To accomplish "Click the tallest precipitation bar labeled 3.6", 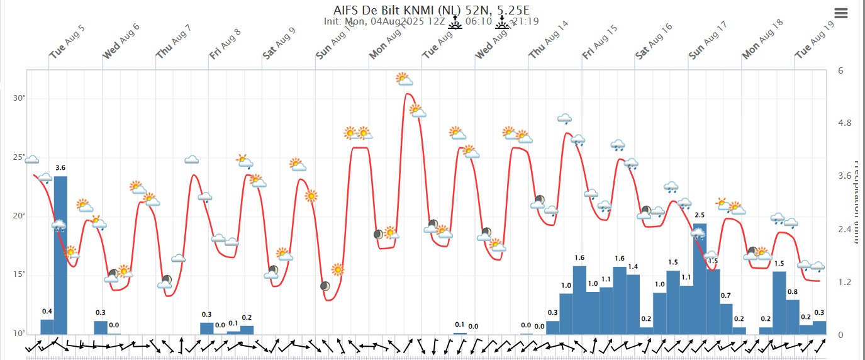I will (60, 255).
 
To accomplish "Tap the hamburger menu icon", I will (841, 13).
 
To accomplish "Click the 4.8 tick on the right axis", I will (845, 123).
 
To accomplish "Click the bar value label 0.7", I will (726, 296).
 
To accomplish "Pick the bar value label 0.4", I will (47, 312).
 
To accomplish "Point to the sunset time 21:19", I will (525, 22).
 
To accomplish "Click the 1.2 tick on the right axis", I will (844, 282).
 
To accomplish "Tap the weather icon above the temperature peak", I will (404, 79).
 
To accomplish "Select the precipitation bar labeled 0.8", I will (793, 317).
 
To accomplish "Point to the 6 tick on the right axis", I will (840, 70).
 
